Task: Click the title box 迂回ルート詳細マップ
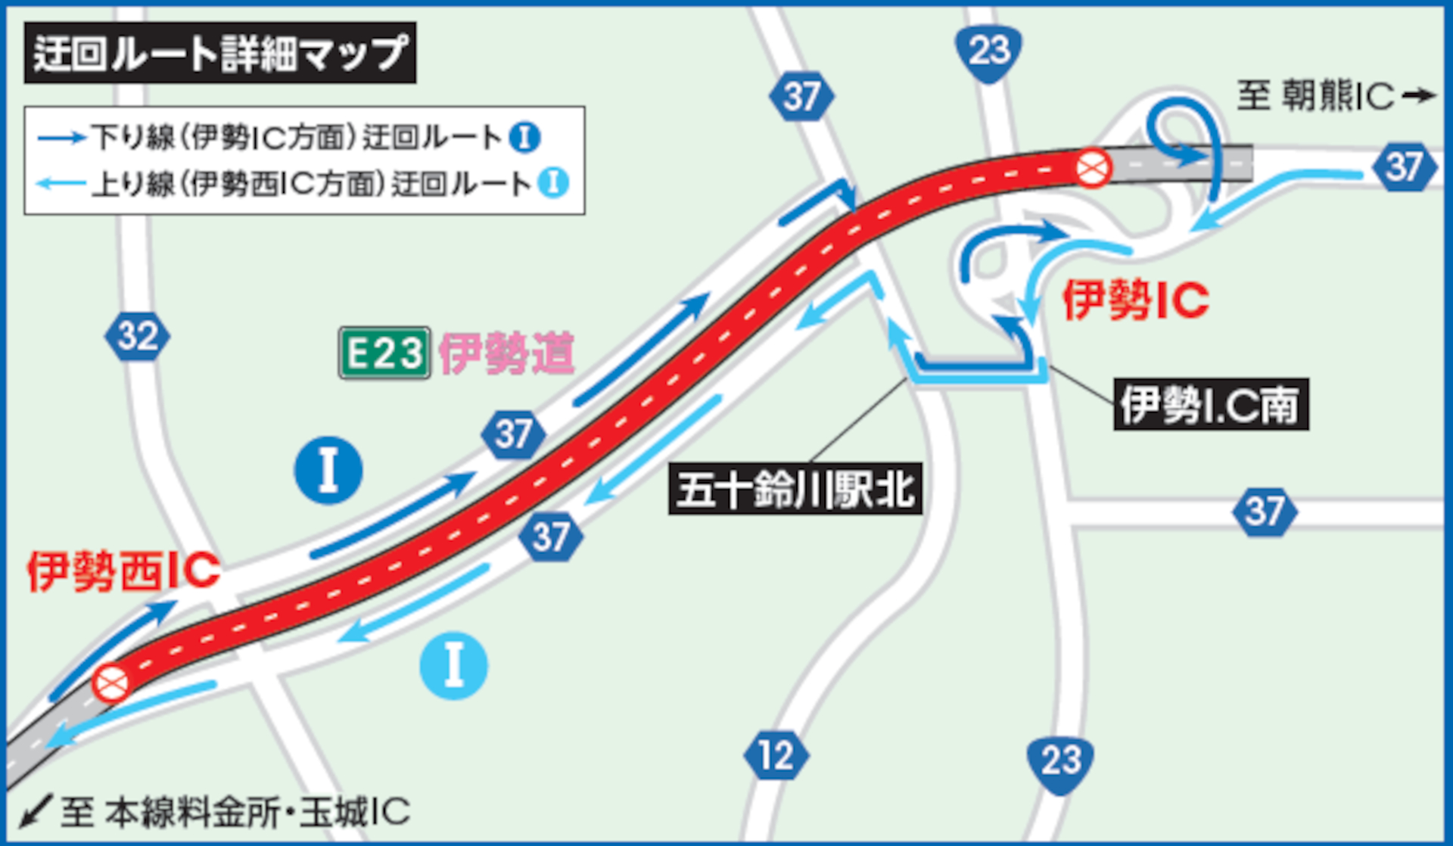coord(219,53)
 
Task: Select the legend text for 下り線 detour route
coord(295,138)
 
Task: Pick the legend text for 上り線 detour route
coord(310,184)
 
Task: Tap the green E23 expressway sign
coord(384,353)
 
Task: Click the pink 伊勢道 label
coord(506,353)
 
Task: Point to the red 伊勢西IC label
coord(123,571)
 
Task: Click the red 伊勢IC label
coord(1135,300)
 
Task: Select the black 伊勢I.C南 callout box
coord(1211,405)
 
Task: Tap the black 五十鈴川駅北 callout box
coord(795,490)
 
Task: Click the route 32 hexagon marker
coord(137,336)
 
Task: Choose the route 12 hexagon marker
coord(776,755)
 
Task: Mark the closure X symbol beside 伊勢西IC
coord(111,683)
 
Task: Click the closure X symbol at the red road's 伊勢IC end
coord(1093,167)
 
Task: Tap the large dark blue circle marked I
coord(328,470)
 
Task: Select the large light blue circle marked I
coord(453,665)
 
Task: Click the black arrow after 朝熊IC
coord(1418,95)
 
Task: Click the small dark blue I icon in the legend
coord(524,138)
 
